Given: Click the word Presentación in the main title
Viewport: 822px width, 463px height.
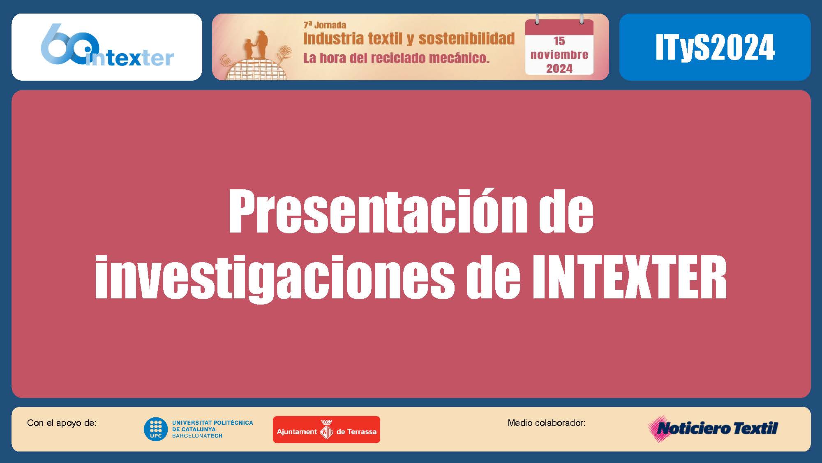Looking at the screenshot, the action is pyautogui.click(x=377, y=211).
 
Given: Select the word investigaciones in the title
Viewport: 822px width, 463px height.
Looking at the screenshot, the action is pyautogui.click(x=275, y=278).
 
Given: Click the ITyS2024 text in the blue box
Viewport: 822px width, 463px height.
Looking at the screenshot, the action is pyautogui.click(x=715, y=47).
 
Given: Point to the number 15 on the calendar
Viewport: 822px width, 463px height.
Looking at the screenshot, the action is pyautogui.click(x=559, y=41).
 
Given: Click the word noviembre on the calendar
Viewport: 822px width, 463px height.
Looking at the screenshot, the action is pyautogui.click(x=559, y=55).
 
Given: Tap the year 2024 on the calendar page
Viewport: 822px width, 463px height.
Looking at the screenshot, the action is pyautogui.click(x=559, y=69).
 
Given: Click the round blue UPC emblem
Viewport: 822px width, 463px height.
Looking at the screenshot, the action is pyautogui.click(x=155, y=429).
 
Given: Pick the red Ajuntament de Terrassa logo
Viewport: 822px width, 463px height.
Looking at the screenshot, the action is pyautogui.click(x=326, y=430).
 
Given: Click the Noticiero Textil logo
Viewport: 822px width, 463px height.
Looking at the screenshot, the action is pyautogui.click(x=713, y=428).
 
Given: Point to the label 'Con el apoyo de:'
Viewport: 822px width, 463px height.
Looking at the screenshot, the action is pyautogui.click(x=62, y=423).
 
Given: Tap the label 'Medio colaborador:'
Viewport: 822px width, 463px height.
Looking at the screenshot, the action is pyautogui.click(x=546, y=423).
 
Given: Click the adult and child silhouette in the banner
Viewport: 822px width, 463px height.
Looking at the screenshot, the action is pyautogui.click(x=256, y=45).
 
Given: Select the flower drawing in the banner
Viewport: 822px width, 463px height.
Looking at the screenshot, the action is pyautogui.click(x=284, y=54).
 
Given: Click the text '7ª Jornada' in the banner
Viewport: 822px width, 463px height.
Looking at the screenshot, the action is pyautogui.click(x=324, y=25).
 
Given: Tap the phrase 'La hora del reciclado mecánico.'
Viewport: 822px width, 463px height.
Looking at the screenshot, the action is pyautogui.click(x=396, y=58).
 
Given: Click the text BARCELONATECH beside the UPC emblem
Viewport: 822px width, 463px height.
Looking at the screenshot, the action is pyautogui.click(x=197, y=436).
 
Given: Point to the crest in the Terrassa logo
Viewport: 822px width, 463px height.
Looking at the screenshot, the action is pyautogui.click(x=327, y=430).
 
